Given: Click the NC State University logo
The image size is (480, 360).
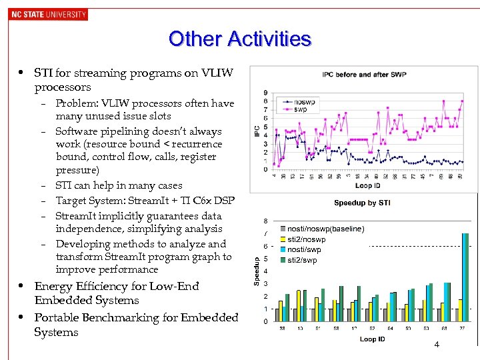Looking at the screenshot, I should coord(49,14).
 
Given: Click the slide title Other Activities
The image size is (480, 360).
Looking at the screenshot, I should coord(240,39).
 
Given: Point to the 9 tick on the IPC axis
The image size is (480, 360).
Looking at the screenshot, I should coord(267,93).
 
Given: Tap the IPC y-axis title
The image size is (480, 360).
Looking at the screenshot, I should coord(257,131).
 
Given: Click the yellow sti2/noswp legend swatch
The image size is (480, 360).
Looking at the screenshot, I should coord(283,239).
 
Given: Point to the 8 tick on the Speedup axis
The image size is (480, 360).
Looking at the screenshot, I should coord(266,221).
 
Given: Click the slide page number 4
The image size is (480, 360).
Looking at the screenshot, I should coord(436,345).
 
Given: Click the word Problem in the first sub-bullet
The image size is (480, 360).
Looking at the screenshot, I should coord(75,103).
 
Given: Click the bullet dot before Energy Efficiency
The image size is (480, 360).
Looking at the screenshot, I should coord(21,286).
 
